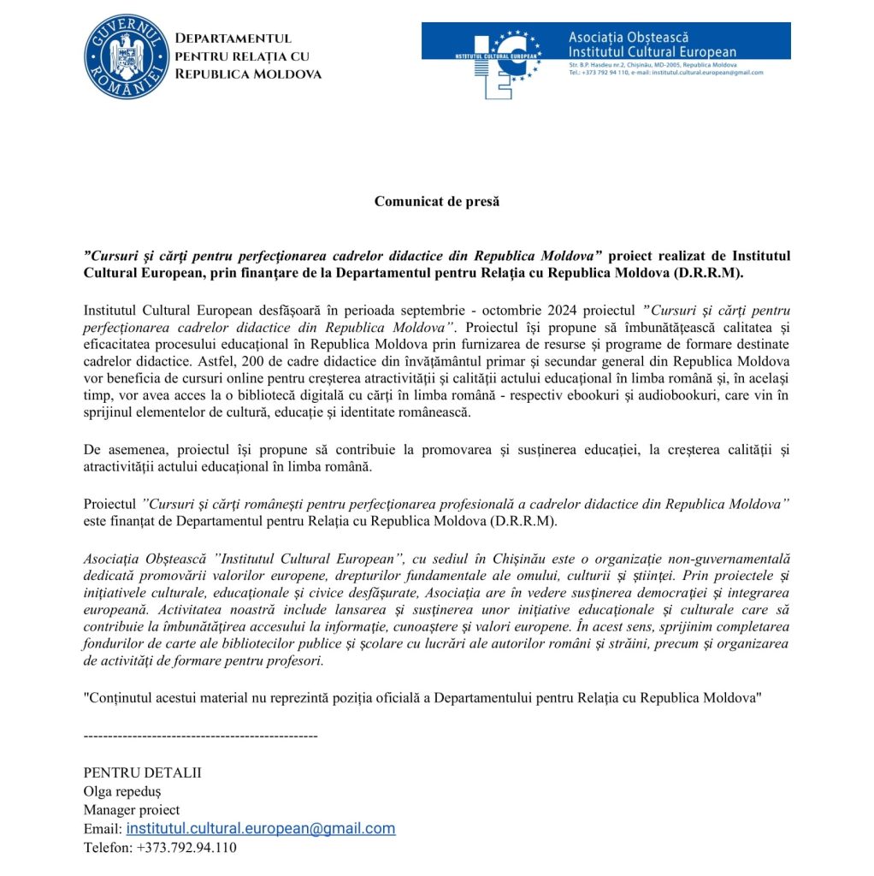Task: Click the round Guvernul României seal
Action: pos(127,56)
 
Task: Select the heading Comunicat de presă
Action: pos(436,202)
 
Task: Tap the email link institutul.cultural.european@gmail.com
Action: pos(261,828)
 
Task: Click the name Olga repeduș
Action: pos(121,790)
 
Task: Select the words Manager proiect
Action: pos(132,809)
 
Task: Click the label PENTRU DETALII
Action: pos(142,772)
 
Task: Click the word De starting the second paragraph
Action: pos(92,450)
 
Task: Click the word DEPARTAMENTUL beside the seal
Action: pos(233,38)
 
